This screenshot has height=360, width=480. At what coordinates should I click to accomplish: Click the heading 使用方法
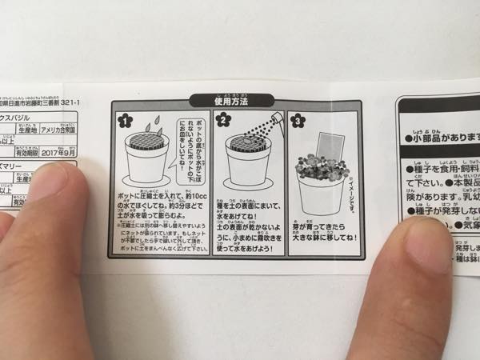[x=231, y=101]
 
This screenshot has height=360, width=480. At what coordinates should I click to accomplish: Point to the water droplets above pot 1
[x=158, y=126]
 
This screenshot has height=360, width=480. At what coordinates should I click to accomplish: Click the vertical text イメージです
[x=351, y=187]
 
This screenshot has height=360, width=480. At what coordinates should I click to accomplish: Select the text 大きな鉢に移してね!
[x=324, y=238]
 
